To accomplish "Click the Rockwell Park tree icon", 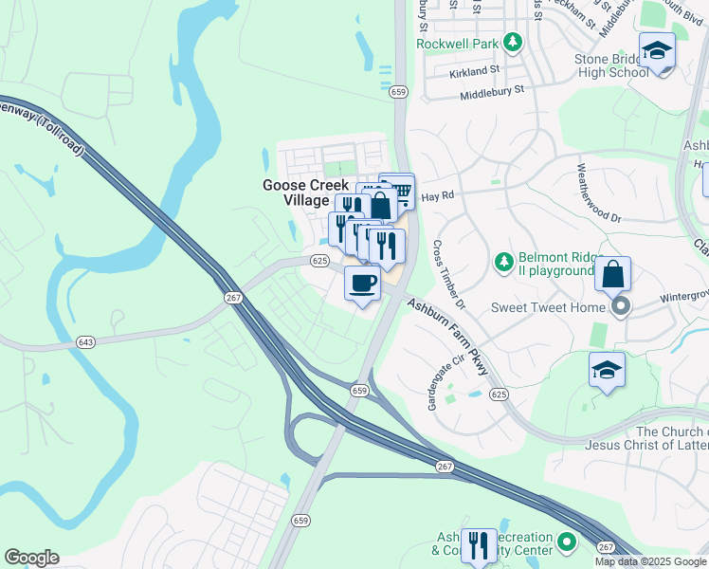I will (x=513, y=43).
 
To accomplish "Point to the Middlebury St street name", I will (x=492, y=91).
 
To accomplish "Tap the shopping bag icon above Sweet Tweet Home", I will (x=613, y=274).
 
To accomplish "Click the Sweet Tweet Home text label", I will (x=548, y=307).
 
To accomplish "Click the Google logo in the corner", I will (x=31, y=558).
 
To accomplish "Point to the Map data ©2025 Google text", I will (x=651, y=561).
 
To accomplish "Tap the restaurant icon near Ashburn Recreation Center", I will (x=479, y=545).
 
